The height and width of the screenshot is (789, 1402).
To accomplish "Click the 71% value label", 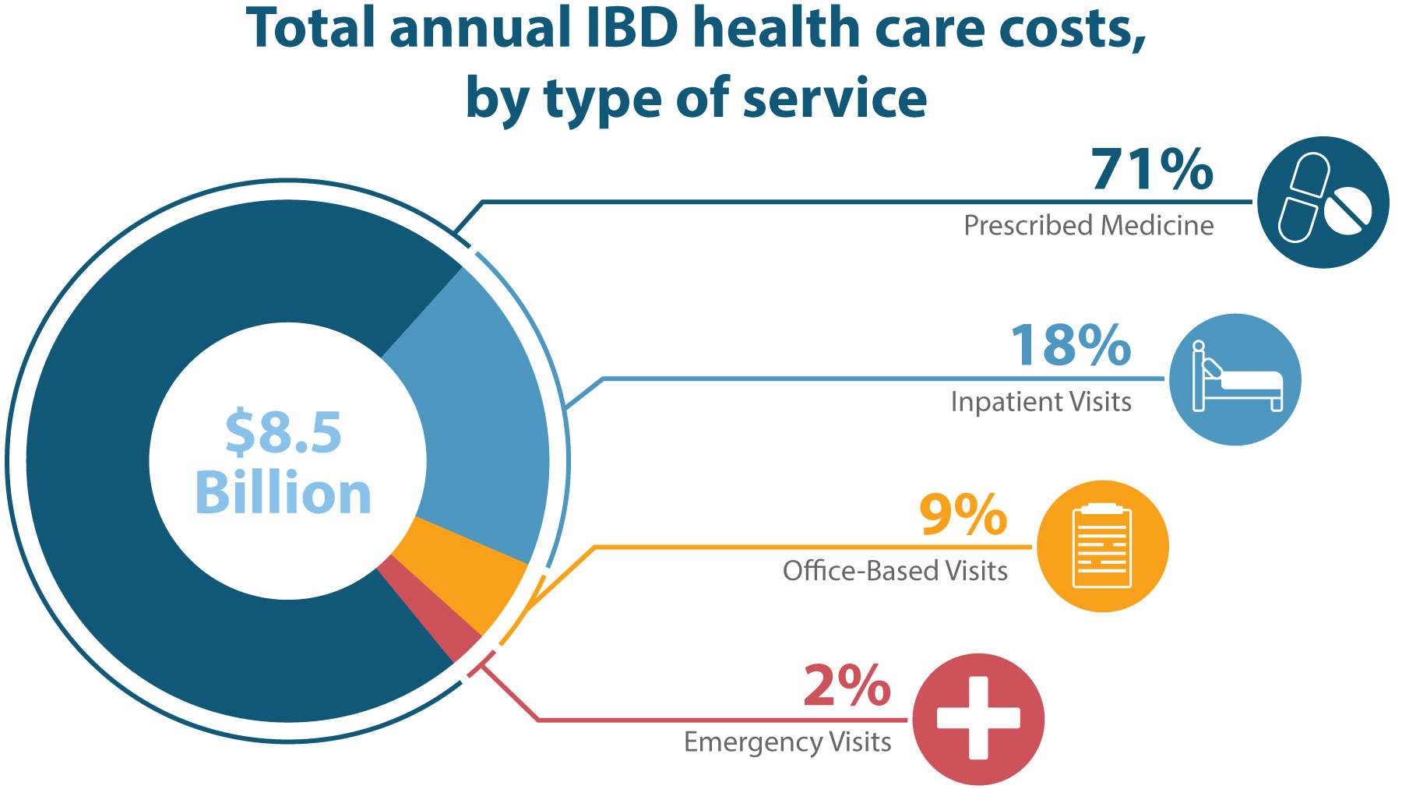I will click(x=1151, y=170).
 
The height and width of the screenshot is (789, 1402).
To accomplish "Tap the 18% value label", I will click(x=1070, y=346).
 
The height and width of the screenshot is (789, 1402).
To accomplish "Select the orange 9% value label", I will click(x=963, y=515).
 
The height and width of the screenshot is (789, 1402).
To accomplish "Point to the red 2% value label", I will click(x=847, y=686).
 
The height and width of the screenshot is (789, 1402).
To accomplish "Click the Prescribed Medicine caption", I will click(x=1088, y=226).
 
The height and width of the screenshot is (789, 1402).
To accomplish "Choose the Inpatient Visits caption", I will click(x=1041, y=402).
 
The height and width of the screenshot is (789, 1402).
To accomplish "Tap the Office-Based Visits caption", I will click(x=895, y=571).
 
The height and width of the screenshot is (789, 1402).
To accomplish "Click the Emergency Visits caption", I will click(x=787, y=742).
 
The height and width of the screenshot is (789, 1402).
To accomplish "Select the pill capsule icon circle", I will click(x=1323, y=203).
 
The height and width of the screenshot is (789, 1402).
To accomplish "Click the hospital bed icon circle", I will click(x=1235, y=380).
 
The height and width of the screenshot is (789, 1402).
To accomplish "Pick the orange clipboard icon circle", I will click(x=1102, y=547).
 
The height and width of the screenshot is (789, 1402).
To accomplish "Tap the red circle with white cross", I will click(x=978, y=718).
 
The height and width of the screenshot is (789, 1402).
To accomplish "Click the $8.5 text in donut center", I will click(x=284, y=433).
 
